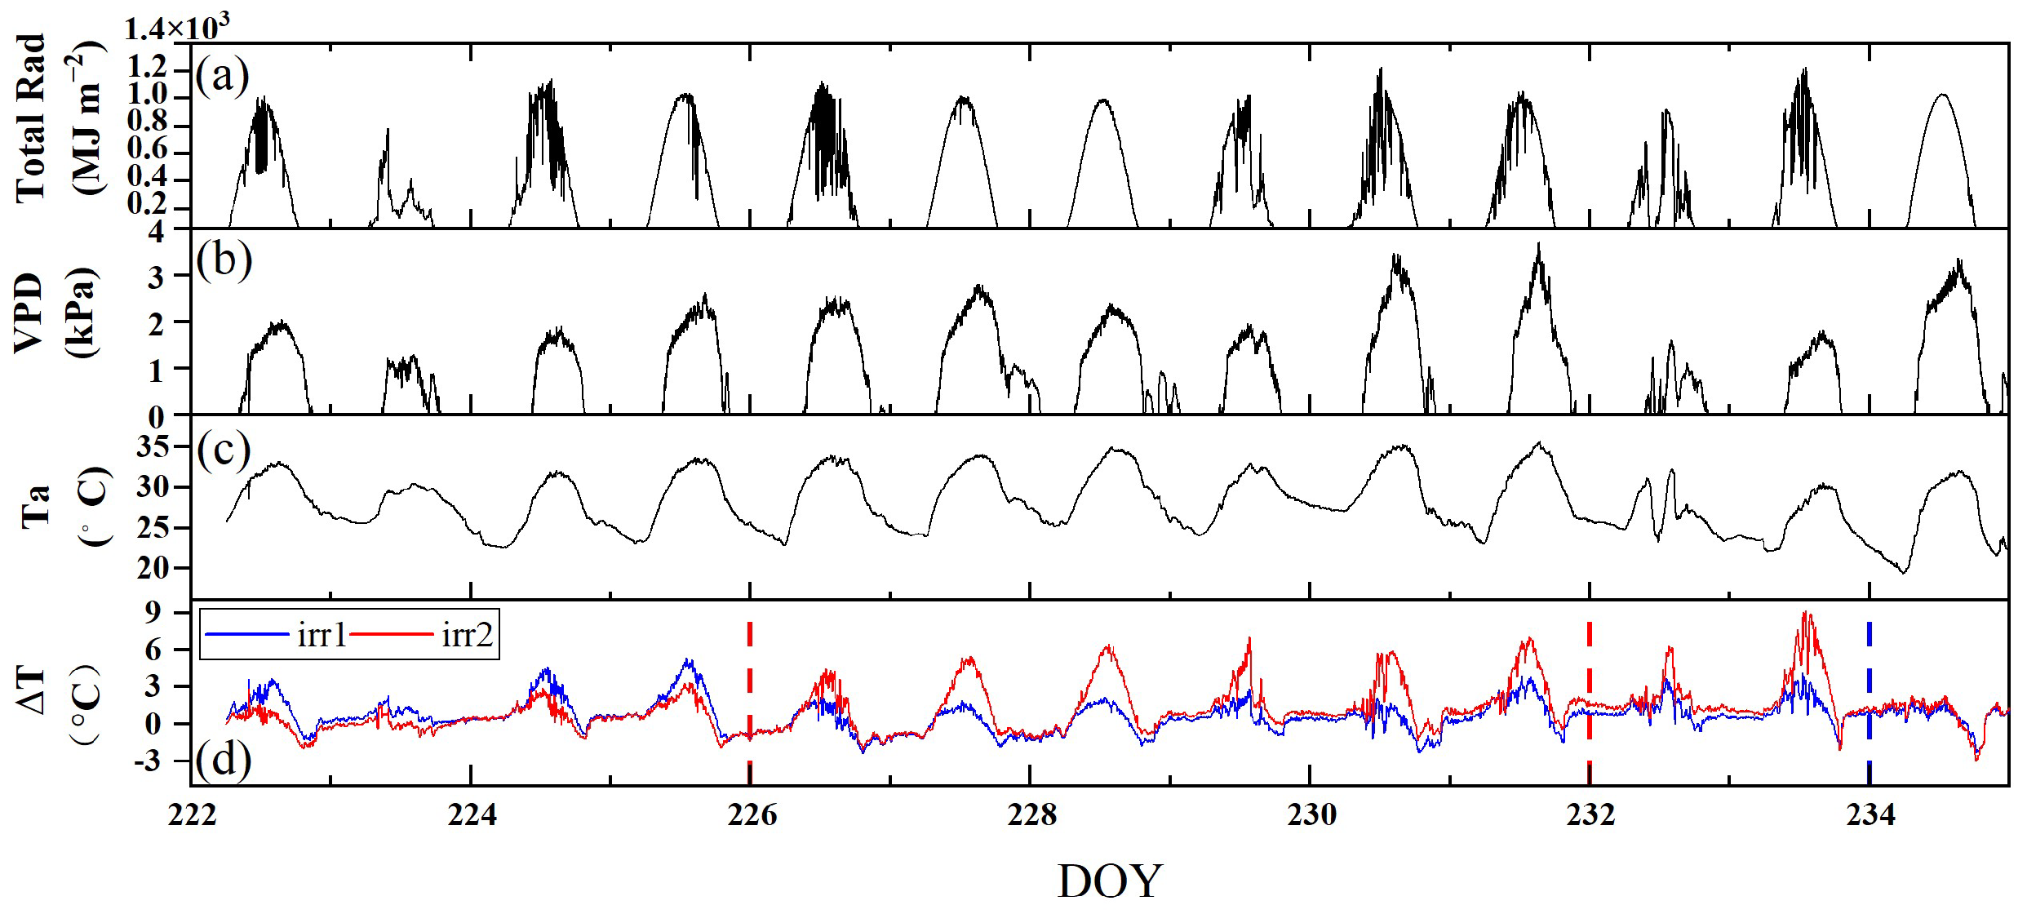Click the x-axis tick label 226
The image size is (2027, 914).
[751, 815]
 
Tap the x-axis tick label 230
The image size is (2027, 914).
[1311, 815]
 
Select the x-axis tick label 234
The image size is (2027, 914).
[1870, 815]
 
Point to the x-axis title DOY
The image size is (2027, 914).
[1109, 882]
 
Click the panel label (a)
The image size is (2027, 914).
[222, 78]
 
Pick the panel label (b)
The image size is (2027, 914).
[224, 261]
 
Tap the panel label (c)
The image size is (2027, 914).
[223, 450]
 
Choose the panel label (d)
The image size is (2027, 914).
[223, 760]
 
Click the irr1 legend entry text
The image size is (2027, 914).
[322, 635]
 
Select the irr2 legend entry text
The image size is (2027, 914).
[468, 635]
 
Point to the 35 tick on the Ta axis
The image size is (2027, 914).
[153, 446]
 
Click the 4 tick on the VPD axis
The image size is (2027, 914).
[156, 233]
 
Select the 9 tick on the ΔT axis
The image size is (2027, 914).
[153, 613]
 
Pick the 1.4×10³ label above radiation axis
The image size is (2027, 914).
[175, 29]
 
